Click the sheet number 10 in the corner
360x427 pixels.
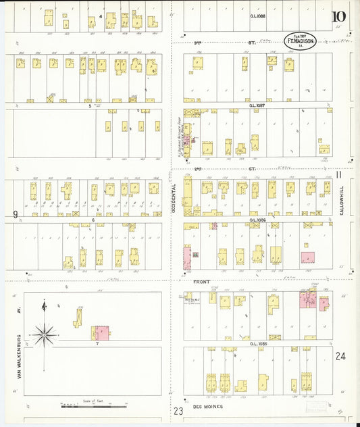(338, 17)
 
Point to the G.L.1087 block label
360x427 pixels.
(257, 105)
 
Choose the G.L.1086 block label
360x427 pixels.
(257, 220)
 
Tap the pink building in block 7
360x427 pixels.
(101, 332)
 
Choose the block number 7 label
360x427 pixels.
(97, 343)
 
